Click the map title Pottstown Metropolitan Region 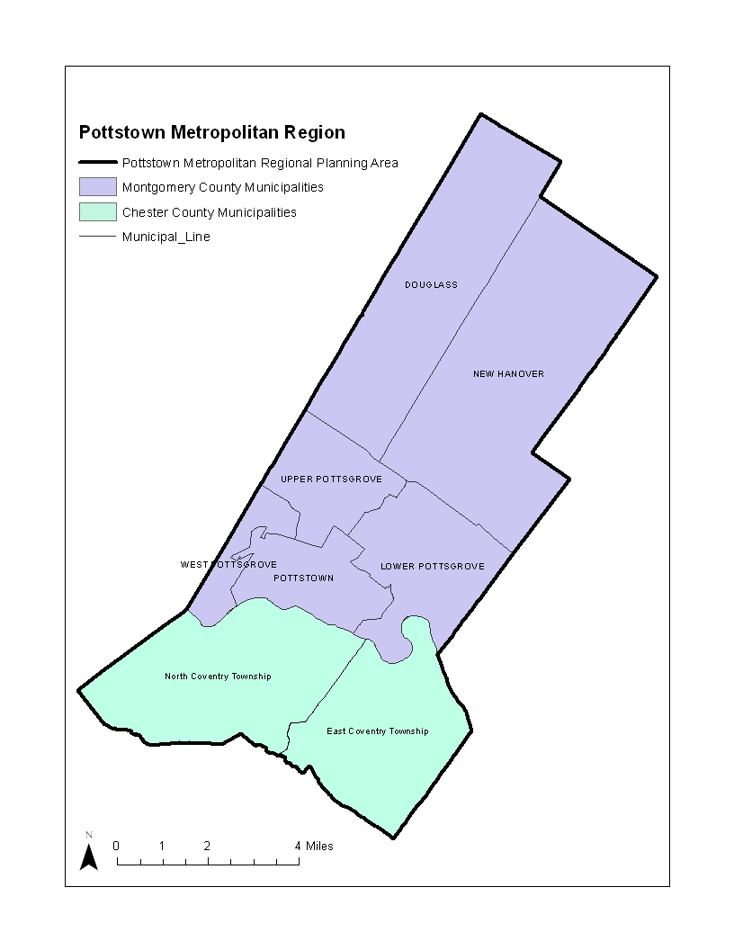211,132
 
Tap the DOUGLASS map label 431,285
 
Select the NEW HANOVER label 508,374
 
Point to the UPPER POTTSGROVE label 331,479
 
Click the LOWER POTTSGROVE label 432,567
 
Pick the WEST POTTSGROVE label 228,565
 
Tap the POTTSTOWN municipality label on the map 303,578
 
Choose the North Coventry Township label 218,677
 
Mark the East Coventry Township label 377,731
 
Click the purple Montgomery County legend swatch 97,187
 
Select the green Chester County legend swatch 97,212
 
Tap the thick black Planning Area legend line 97,163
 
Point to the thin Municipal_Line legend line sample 97,237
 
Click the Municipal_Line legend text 166,237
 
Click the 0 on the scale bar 116,846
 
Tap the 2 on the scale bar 207,846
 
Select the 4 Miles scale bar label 314,846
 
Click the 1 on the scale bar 162,846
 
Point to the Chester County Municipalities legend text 209,212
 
